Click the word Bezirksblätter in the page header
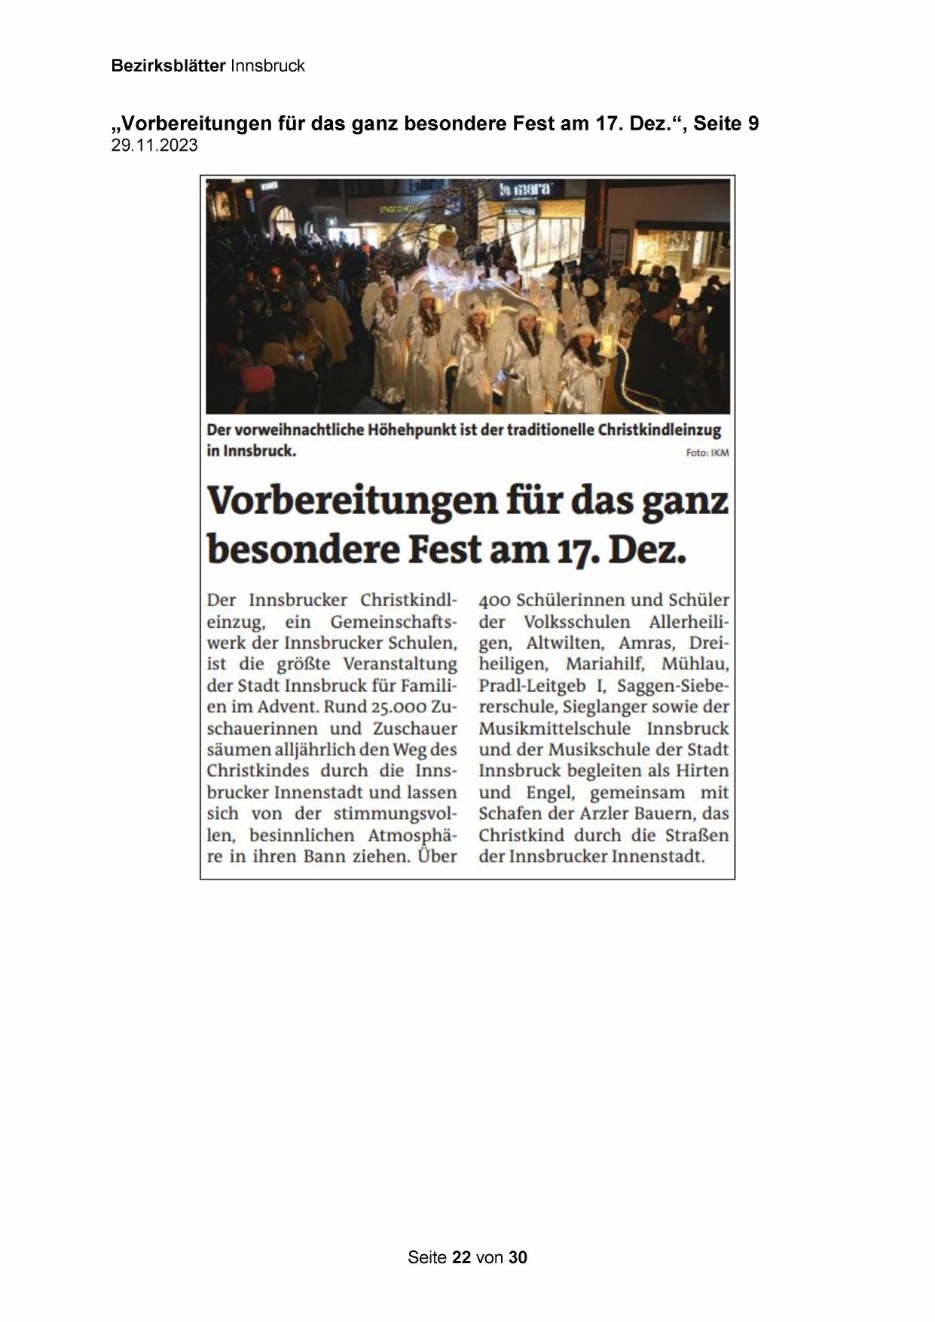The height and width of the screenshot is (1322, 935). point(168,66)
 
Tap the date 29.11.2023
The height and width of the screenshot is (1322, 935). point(154,146)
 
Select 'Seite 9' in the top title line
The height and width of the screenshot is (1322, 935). point(726,124)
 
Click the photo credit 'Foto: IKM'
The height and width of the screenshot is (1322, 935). point(707,453)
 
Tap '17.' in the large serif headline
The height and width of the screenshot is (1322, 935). point(577,550)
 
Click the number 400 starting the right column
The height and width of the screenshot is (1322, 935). point(494,601)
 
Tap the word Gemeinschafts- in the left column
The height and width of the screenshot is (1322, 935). point(393,623)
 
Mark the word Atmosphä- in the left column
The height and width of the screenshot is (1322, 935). point(412,836)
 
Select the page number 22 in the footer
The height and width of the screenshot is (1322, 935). point(461,1257)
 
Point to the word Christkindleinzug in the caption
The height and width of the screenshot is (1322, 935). point(659,430)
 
